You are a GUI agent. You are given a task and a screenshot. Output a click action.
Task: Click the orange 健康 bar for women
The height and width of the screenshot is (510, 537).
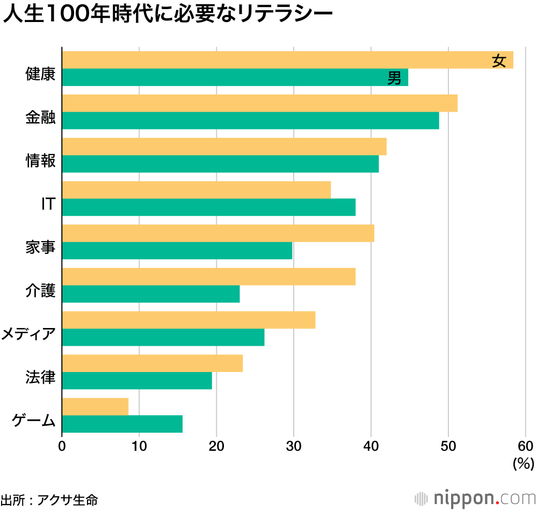point(268,60)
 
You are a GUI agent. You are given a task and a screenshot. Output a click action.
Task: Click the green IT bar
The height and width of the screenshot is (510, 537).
point(209,207)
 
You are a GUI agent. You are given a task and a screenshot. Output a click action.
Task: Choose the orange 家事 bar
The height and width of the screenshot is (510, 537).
point(218,234)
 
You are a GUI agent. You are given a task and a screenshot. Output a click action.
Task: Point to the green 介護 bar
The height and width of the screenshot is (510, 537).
point(151,294)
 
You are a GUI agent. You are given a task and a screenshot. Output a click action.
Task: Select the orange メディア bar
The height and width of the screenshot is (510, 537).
point(188,320)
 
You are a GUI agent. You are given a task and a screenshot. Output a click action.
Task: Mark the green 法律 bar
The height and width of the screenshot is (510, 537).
point(137,381)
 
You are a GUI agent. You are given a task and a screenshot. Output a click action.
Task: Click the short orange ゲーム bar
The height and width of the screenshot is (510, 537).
point(95,406)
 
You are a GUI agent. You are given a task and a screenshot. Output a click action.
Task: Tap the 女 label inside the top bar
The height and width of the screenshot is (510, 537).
point(499,61)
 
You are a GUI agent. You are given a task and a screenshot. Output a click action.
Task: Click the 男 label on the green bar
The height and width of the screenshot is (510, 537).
point(394,78)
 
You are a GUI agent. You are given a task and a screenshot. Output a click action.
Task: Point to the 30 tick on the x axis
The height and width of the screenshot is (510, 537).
point(294,447)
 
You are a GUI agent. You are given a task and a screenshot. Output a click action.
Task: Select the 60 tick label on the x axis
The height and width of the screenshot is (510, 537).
point(525,447)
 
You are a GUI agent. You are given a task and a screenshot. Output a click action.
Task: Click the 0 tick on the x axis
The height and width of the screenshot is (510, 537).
point(62,447)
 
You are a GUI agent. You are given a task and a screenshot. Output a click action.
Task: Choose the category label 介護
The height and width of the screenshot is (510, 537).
point(40,291)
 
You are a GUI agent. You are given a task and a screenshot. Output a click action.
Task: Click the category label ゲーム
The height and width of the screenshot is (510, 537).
point(34,421)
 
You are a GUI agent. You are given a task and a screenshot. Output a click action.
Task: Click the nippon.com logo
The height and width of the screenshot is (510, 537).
point(476,498)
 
